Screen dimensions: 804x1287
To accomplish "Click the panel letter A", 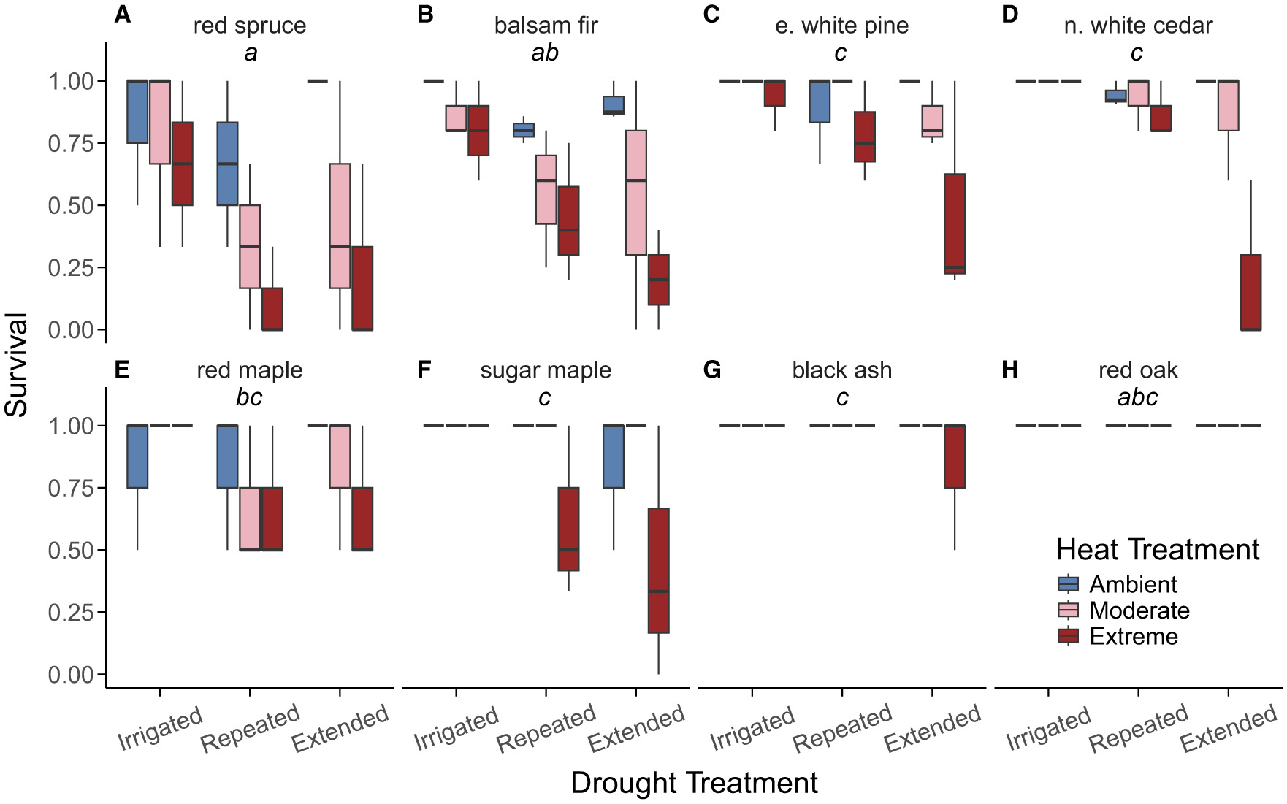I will (123, 15).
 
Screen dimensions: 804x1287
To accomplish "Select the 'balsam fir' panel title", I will (546, 26).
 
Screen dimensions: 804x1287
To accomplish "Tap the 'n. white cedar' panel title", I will (1138, 26).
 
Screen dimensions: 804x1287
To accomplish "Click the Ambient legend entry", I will (1133, 584).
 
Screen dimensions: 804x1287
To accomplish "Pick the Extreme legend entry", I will (1133, 636).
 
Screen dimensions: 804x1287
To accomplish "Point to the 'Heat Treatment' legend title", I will (1157, 549).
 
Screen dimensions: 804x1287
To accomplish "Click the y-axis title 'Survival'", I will (16, 365).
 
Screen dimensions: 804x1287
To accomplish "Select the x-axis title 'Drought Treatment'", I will (694, 782).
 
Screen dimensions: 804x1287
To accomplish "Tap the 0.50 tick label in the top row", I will (71, 206).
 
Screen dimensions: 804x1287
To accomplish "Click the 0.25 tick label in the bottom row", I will (71, 612).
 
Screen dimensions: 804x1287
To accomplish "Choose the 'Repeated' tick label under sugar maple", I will (546, 727).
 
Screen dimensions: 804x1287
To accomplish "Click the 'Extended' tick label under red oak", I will (1229, 727).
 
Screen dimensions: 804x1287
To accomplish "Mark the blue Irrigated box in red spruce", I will (138, 112).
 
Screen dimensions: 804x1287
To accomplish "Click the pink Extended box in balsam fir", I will (636, 193).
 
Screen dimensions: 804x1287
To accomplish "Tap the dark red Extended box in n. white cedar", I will (1251, 292).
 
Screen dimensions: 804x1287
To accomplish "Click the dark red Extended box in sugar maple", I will (659, 570).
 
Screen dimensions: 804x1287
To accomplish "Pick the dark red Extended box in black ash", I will (955, 456).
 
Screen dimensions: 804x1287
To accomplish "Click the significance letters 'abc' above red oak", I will (1137, 397).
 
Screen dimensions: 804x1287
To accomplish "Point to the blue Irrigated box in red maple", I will (138, 456).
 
